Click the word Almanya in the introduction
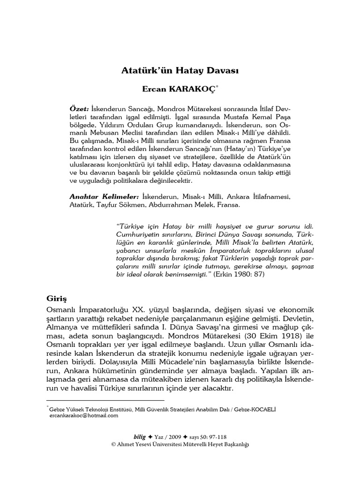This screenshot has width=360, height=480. [x=63, y=328]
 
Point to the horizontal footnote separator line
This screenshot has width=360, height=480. [x=106, y=401]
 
